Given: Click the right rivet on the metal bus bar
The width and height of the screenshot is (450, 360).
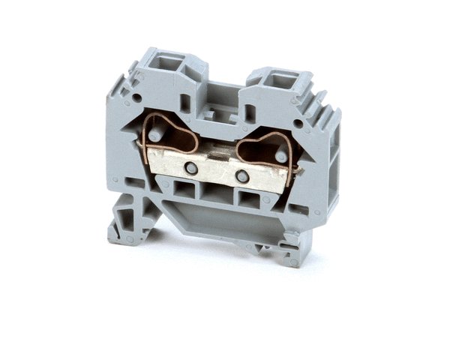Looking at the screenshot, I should [x=241, y=177].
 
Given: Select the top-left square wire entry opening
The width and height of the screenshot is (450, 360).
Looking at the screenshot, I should [x=168, y=64].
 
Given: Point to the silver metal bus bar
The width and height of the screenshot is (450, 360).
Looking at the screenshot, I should [x=217, y=172].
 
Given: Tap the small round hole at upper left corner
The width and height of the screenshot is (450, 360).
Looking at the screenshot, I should [x=136, y=97].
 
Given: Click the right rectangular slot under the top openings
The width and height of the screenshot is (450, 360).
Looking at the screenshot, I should [x=250, y=113].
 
